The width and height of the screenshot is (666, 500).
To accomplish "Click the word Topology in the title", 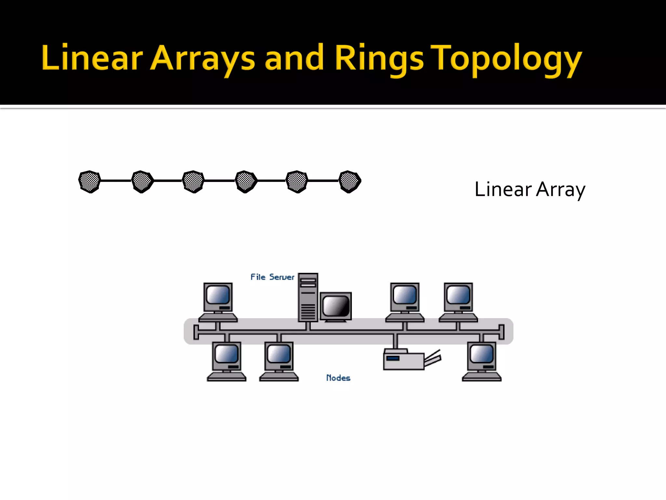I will (x=507, y=59).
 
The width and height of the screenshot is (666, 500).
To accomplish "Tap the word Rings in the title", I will (x=379, y=59).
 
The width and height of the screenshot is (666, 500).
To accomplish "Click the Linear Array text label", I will (x=530, y=189).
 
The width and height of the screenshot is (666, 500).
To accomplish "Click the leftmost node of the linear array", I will (x=89, y=181).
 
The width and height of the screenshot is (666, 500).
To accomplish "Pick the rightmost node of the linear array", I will (x=350, y=181).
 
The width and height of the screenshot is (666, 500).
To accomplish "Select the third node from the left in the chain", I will (x=193, y=181).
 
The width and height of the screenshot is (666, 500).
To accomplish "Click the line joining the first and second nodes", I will (x=116, y=180).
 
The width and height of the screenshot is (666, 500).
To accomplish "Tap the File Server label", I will (x=272, y=277).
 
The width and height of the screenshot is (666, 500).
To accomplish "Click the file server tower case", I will (x=308, y=297).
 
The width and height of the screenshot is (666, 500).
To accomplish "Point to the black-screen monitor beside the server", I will (x=336, y=306).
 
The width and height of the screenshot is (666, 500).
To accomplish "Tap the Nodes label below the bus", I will (x=338, y=378).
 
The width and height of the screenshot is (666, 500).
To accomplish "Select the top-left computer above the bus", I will (x=218, y=301).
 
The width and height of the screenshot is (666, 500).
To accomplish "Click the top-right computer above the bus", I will (x=458, y=301).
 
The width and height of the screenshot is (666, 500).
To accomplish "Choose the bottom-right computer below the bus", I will (x=482, y=361).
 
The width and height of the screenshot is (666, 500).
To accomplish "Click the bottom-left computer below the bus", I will (x=227, y=361).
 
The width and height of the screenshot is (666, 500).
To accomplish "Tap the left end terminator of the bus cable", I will (x=196, y=332).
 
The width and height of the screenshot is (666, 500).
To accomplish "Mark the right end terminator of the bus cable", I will (x=501, y=332).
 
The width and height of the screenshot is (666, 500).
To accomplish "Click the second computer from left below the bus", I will (x=279, y=361).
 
